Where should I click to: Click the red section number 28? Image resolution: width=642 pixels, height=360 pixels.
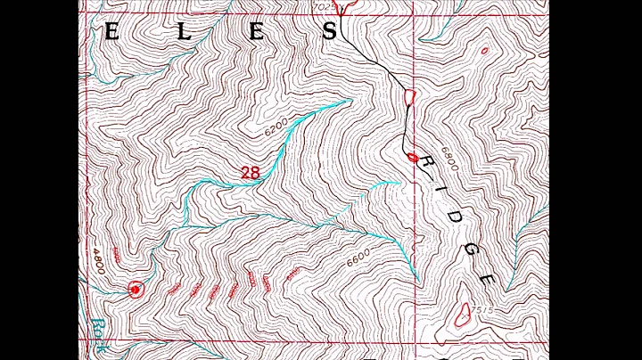(x=251, y=172)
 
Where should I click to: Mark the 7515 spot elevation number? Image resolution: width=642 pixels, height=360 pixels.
(x=482, y=310)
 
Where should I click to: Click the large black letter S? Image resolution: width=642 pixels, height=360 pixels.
(x=329, y=33)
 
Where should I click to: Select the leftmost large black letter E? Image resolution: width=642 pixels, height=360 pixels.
(x=111, y=33)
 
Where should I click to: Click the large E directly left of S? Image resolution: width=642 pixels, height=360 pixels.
(x=257, y=33)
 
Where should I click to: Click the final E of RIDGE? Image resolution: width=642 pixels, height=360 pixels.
(x=487, y=278)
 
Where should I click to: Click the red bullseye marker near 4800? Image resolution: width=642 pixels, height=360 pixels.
(x=136, y=290)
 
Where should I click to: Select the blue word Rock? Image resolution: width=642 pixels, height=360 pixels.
(x=96, y=334)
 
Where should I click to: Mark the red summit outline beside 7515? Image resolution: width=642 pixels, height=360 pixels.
(x=463, y=313)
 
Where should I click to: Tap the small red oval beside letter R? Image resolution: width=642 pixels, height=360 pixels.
(x=412, y=158)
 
